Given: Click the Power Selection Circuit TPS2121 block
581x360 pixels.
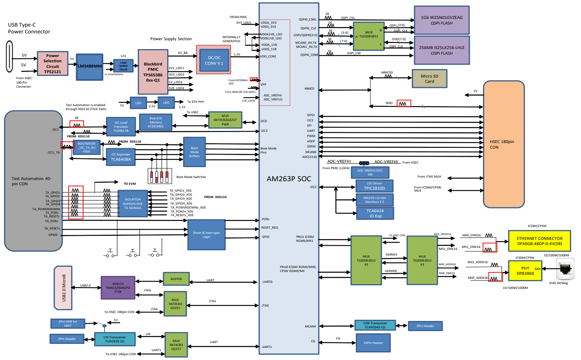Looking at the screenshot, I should (x=52, y=63).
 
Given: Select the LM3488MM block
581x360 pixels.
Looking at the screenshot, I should (x=90, y=66).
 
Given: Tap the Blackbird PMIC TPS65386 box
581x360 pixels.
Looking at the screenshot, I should (x=153, y=72).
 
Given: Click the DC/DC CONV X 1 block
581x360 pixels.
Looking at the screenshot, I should (x=214, y=60).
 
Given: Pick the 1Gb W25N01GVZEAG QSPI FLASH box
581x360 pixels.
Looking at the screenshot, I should (x=442, y=20).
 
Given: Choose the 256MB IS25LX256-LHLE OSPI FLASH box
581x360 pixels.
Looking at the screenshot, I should (x=442, y=50).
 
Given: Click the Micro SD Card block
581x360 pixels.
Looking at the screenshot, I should (x=429, y=78).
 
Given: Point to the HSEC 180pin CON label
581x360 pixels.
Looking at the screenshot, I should (x=502, y=144).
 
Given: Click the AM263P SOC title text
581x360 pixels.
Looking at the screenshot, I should (x=288, y=179).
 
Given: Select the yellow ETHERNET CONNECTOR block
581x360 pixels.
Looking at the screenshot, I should (x=539, y=241).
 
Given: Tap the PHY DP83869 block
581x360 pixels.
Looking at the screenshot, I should (x=525, y=271).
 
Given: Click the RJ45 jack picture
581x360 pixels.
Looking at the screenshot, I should (x=566, y=269).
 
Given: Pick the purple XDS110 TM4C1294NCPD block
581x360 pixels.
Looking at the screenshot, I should (x=118, y=288).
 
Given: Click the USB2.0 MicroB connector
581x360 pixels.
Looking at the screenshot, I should (x=63, y=288).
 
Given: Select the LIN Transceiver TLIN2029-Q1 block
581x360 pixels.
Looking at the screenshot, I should (x=115, y=339).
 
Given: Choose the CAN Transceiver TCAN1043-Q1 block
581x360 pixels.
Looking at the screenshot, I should (x=375, y=325).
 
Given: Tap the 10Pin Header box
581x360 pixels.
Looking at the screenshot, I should (x=373, y=343).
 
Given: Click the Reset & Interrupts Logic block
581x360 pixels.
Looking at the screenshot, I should (x=206, y=235).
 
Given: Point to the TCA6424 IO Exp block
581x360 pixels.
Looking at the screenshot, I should (x=374, y=213).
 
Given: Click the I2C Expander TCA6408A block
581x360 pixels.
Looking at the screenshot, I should (x=121, y=157).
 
